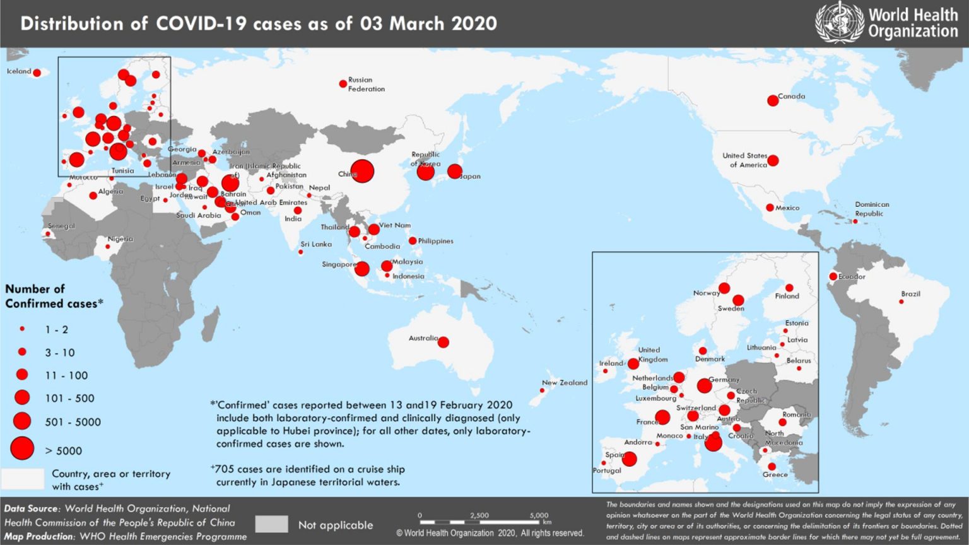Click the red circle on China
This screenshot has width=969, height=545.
362,171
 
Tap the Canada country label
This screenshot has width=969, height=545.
791,97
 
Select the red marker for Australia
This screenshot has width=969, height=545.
443,342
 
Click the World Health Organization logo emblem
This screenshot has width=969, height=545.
839,23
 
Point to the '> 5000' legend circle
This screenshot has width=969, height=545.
22,448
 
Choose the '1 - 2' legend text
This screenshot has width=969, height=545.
56,330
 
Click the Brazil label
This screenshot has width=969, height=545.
910,294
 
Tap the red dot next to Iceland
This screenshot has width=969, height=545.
37,73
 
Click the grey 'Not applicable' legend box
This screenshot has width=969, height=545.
272,524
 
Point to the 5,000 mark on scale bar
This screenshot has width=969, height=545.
539,515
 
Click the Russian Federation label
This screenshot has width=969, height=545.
366,85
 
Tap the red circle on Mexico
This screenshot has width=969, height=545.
770,208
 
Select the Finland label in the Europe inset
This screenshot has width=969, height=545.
787,296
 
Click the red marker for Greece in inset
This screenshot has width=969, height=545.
772,467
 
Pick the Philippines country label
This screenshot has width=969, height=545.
435,241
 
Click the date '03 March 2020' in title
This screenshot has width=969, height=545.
428,24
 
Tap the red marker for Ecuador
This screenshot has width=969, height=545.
833,276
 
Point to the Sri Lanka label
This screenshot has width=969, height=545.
315,244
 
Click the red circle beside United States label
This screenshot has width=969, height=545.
773,161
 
